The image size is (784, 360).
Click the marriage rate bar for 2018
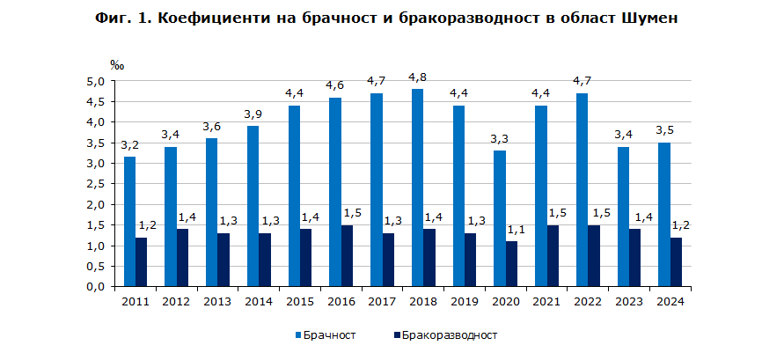(x=417, y=187)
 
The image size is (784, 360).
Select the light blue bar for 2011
(x=129, y=221)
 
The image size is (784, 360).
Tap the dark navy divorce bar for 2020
(x=512, y=264)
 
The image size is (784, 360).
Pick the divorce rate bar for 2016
(x=348, y=255)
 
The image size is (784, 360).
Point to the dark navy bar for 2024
(x=676, y=261)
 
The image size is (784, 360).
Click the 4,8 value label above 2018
(x=418, y=77)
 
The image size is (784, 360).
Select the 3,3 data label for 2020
(x=498, y=139)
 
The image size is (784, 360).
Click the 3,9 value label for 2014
(x=252, y=114)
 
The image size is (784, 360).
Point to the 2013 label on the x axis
(x=217, y=301)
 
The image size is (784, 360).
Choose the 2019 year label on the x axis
(x=465, y=301)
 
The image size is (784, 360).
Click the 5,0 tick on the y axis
(x=94, y=81)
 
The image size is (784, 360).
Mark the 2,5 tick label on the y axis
(x=94, y=184)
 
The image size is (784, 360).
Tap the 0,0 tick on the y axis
(x=94, y=287)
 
